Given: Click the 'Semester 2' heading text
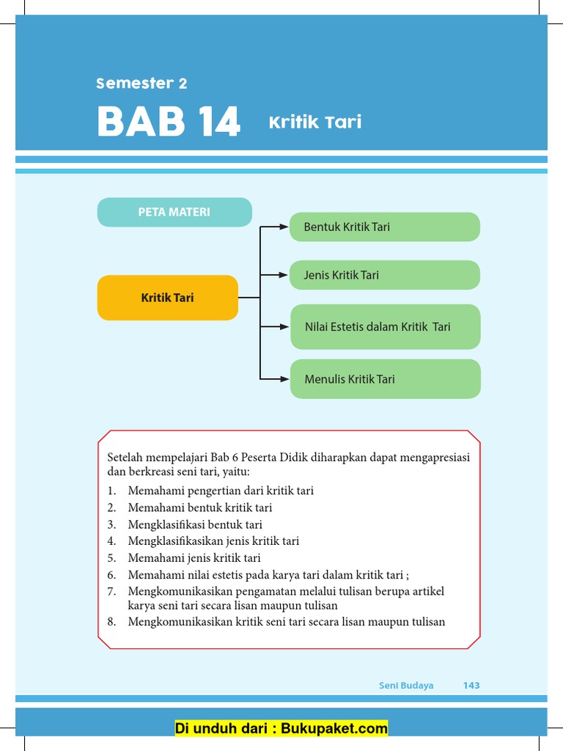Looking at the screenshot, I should pos(141,84).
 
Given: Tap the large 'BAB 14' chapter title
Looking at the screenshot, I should pos(169,122).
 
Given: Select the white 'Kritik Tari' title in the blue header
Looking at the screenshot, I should pos(315,122).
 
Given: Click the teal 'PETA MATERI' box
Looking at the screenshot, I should pos(174,212).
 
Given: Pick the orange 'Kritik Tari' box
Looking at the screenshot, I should pos(167,298).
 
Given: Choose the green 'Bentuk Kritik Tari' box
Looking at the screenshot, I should pos(385,227).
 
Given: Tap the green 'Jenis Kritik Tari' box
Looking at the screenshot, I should pos(385,275).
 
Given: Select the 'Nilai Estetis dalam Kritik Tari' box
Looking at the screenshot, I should pos(386,326).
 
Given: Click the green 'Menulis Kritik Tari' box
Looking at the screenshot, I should pos(386,379).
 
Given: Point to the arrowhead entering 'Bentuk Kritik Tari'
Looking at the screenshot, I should pos(285,227).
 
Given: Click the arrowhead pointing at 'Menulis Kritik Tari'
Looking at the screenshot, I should pos(285,379).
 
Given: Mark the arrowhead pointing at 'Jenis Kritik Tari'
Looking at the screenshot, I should pos(285,275).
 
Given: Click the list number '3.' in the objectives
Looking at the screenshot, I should pos(111,524).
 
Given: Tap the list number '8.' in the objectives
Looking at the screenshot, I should pos(111,622).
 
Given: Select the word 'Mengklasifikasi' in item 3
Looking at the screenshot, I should pos(165,524).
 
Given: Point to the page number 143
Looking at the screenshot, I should pos(471,685).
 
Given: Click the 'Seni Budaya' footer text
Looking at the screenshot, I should pos(406,685).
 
